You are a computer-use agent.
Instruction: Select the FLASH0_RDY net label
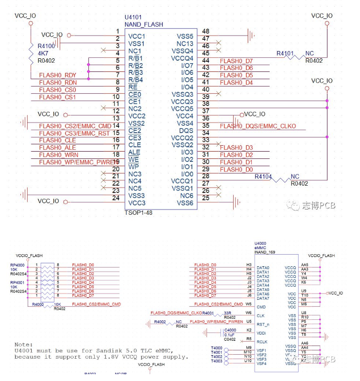coord(57,75)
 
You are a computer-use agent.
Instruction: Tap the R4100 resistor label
coord(46,46)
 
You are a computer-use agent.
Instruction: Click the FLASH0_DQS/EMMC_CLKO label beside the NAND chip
coord(257,126)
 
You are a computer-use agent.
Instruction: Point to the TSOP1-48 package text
coord(139,213)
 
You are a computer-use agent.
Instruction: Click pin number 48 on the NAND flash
coord(206,32)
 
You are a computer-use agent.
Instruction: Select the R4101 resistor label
coord(287,53)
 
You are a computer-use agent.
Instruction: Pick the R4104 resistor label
coord(264,176)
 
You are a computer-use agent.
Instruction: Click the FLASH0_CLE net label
coord(57,140)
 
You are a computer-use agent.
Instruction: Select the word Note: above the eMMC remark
coord(24,344)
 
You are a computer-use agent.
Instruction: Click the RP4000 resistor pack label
coord(17,265)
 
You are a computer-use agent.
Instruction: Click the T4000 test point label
coord(217,348)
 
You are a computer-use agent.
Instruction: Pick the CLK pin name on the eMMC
coord(260,316)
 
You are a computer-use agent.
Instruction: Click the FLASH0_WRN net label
coord(58,155)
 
